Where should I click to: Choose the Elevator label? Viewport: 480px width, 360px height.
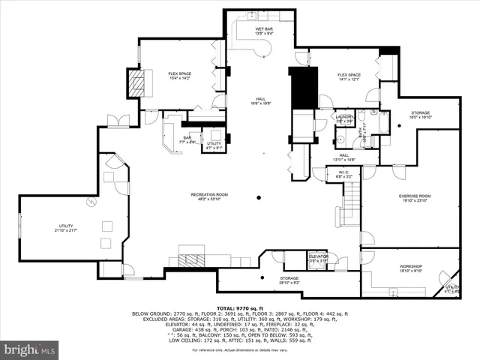click(317, 258)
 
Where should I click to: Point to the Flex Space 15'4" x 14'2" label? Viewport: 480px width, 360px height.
click(180, 75)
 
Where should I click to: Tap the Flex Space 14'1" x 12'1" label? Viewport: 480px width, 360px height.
click(349, 76)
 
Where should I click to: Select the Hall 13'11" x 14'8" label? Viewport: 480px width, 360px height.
click(343, 157)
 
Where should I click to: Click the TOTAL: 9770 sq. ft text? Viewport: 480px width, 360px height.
click(239, 307)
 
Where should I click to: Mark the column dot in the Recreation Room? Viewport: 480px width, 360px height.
click(259, 197)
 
